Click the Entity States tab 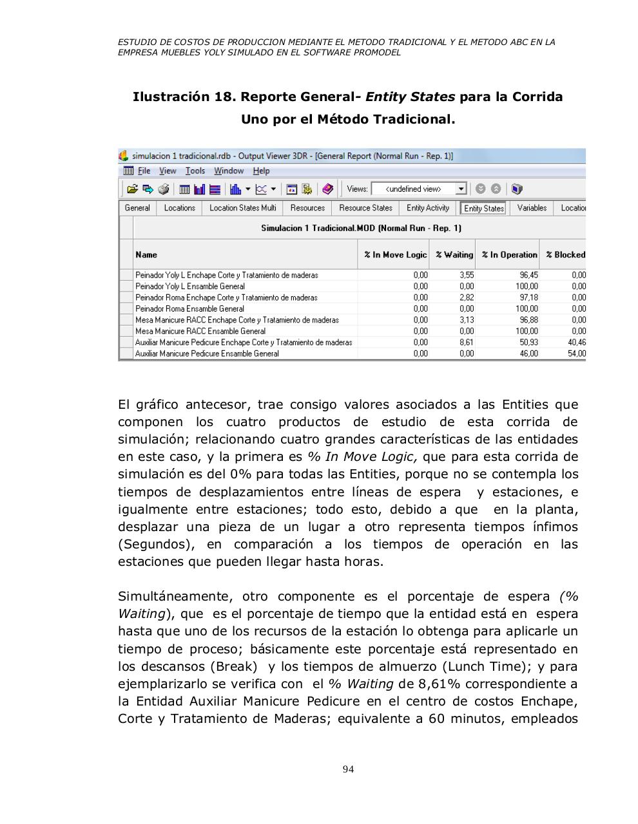(x=484, y=208)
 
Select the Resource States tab (x=365, y=208)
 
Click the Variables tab (x=532, y=208)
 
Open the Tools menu (x=195, y=171)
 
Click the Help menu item (x=261, y=171)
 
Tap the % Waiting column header (x=454, y=255)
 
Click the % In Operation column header (x=509, y=255)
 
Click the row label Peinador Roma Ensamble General (x=189, y=308)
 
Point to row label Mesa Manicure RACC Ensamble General (x=200, y=331)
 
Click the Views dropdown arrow (x=461, y=189)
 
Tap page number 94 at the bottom (x=348, y=769)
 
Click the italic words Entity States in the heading (x=410, y=97)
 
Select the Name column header (x=146, y=255)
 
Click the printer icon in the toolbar (x=164, y=189)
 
